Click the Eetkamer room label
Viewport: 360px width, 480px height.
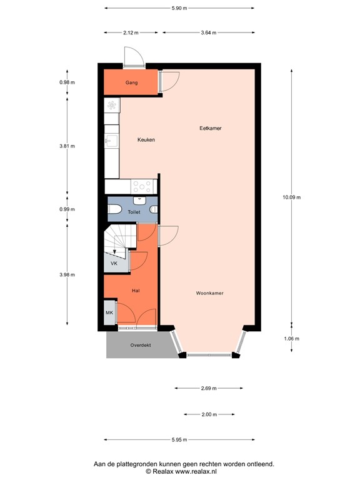tap(210, 128)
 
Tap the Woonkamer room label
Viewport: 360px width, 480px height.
tap(209, 292)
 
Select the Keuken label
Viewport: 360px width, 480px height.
tap(146, 140)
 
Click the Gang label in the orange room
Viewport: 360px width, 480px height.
tap(131, 82)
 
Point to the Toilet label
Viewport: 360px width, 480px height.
tap(134, 212)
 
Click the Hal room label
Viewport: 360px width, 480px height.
tap(135, 291)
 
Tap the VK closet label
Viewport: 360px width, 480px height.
tap(114, 264)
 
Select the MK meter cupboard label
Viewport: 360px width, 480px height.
tap(109, 312)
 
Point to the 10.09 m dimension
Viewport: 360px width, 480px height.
tap(291, 197)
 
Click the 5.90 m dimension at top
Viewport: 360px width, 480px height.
tap(179, 8)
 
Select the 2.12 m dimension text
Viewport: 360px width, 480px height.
tap(131, 32)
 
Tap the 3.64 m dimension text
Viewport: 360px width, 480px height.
tap(208, 32)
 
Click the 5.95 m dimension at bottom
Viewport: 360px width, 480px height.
tap(179, 439)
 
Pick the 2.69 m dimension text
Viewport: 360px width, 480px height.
tap(208, 388)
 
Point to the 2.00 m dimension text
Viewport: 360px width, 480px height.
tap(209, 414)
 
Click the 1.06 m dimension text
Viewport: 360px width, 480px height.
tap(291, 339)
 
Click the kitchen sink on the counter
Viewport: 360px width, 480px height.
tap(111, 141)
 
